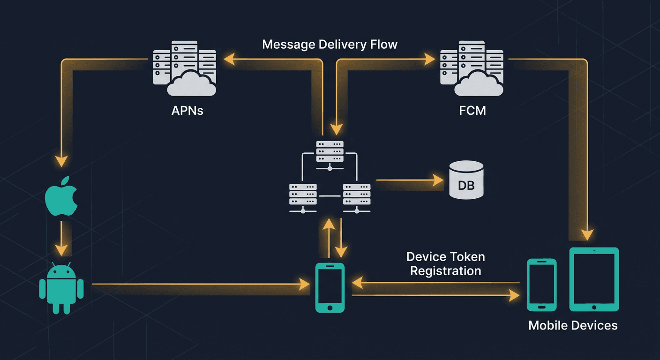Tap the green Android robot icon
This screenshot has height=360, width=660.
click(61, 288)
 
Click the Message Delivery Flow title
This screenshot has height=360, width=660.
click(330, 45)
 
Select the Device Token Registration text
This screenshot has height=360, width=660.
click(445, 264)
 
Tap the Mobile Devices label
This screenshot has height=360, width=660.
click(573, 325)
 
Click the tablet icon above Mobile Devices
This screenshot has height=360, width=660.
click(594, 279)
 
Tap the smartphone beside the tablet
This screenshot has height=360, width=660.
click(541, 285)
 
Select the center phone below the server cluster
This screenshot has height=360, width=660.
click(330, 287)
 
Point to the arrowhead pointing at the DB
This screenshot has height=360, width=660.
click(438, 180)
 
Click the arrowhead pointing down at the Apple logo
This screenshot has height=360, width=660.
click(61, 161)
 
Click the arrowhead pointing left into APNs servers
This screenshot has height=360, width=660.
click(229, 59)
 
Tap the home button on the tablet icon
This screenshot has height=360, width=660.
click(594, 307)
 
